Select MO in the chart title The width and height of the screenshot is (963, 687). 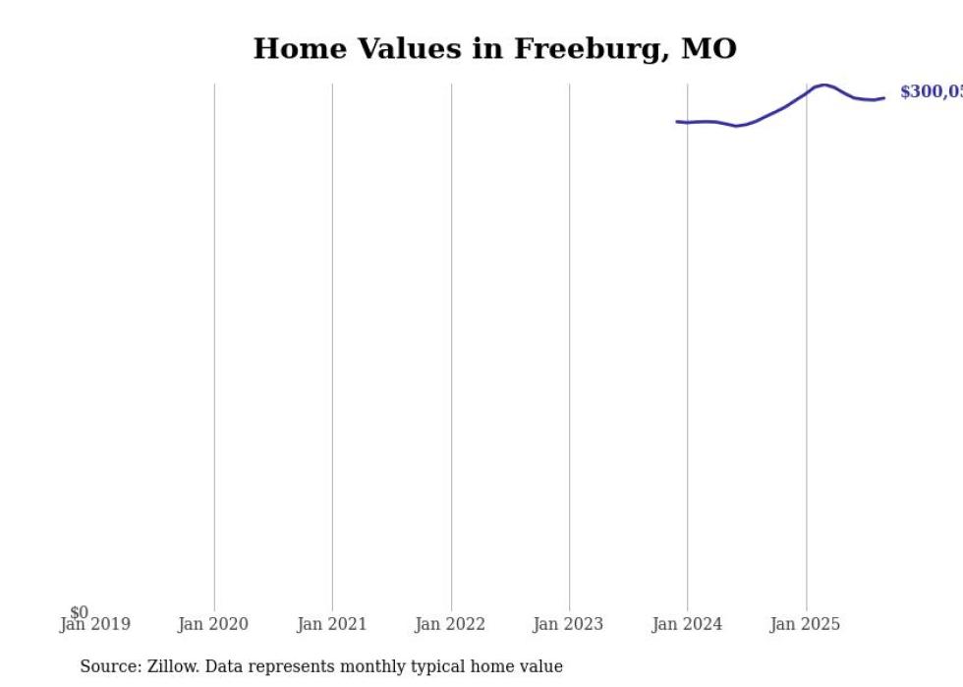pyautogui.click(x=708, y=49)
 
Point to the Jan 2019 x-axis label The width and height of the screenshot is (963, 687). pyautogui.click(x=95, y=624)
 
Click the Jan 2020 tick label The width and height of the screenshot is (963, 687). pyautogui.click(x=213, y=624)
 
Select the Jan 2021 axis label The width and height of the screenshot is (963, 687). pyautogui.click(x=332, y=624)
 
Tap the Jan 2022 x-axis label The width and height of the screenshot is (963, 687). pyautogui.click(x=451, y=624)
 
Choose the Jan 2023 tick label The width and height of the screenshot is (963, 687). pyautogui.click(x=569, y=624)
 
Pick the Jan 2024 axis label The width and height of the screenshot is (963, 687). pyautogui.click(x=688, y=624)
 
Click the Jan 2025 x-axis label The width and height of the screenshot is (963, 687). pyautogui.click(x=806, y=624)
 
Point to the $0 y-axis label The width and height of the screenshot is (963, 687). pyautogui.click(x=80, y=612)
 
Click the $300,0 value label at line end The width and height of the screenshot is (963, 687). pyautogui.click(x=931, y=92)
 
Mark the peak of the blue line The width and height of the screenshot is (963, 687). pyautogui.click(x=823, y=86)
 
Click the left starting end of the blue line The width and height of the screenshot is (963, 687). pyautogui.click(x=677, y=122)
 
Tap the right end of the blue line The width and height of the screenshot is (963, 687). pyautogui.click(x=884, y=97)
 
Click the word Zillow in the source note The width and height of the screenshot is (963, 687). pyautogui.click(x=173, y=666)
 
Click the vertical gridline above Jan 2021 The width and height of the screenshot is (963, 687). pyautogui.click(x=332, y=344)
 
